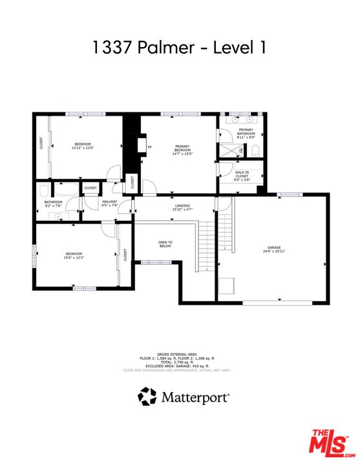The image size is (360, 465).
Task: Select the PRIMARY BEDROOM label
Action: tap(183, 150)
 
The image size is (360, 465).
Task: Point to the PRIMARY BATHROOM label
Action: tap(246, 134)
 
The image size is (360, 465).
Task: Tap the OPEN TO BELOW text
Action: tap(165, 244)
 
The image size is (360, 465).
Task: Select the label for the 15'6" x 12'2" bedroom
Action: tap(74, 256)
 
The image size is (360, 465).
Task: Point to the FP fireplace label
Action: tap(149, 147)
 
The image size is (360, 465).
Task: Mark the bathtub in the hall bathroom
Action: tap(64, 189)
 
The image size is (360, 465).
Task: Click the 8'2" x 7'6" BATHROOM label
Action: tap(53, 204)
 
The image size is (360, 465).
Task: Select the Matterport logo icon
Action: tap(147, 396)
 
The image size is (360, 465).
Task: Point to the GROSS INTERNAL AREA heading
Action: tap(179, 354)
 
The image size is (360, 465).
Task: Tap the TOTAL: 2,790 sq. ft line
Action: tap(179, 362)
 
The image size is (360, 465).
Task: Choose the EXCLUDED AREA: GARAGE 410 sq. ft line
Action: tap(179, 366)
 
